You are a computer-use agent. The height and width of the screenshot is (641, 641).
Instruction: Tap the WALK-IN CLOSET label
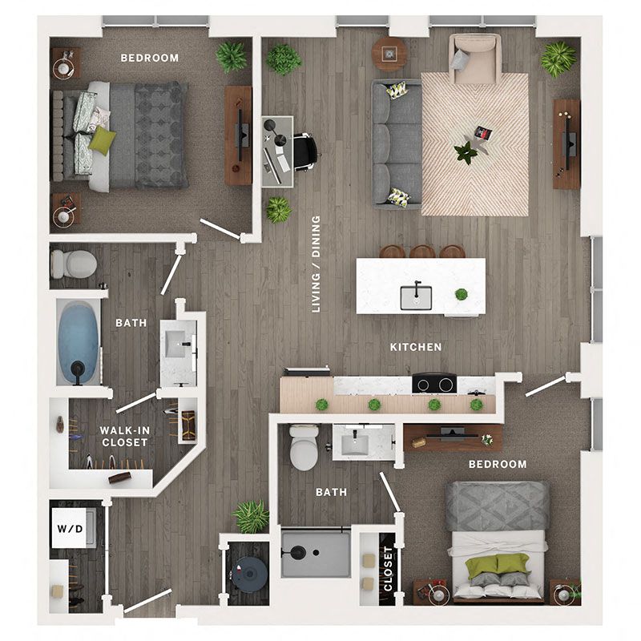(124, 436)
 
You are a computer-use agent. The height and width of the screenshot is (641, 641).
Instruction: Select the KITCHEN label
(416, 347)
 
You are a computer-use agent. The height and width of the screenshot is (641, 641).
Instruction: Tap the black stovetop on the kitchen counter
(433, 384)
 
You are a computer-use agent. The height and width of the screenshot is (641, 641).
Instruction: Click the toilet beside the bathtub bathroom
(72, 264)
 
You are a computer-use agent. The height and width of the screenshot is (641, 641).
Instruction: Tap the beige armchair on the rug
(474, 58)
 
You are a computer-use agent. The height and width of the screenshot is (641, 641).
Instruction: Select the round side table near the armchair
(390, 54)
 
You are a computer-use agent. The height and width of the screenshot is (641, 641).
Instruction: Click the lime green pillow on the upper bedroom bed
(102, 140)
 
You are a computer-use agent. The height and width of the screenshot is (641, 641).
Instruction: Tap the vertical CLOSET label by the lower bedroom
(389, 569)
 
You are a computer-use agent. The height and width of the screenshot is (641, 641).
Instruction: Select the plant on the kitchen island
(462, 294)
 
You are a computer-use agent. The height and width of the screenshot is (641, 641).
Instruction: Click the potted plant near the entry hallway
(251, 516)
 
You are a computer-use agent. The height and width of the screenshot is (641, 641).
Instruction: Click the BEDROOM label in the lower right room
(498, 464)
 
